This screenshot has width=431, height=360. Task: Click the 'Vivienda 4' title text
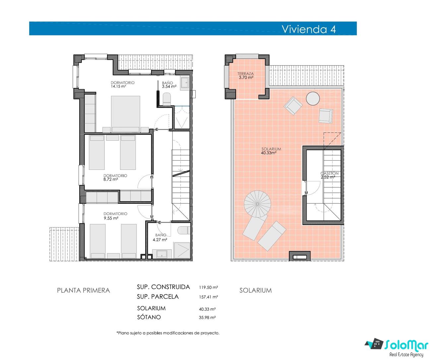309,29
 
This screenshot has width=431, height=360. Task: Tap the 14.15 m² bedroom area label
122,85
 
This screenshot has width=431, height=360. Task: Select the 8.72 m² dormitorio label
115,178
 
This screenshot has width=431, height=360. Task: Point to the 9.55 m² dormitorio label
115,216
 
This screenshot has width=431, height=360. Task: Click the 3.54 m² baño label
169,85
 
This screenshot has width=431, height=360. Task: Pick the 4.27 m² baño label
160,237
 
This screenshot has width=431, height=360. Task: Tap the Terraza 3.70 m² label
246,75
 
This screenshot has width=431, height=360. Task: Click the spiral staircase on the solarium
257,204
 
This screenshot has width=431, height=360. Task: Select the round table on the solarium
313,99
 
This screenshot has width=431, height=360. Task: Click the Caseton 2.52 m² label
329,175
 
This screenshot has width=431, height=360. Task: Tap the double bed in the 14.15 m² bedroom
126,114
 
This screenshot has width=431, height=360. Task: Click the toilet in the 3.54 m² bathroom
167,99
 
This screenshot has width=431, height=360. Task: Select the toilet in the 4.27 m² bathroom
184,230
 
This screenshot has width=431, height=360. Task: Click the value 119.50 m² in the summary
209,287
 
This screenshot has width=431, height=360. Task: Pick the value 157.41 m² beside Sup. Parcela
209,297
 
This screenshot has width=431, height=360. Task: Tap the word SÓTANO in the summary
149,317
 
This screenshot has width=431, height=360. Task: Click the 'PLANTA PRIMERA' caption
84,290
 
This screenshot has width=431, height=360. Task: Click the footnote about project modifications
168,333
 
